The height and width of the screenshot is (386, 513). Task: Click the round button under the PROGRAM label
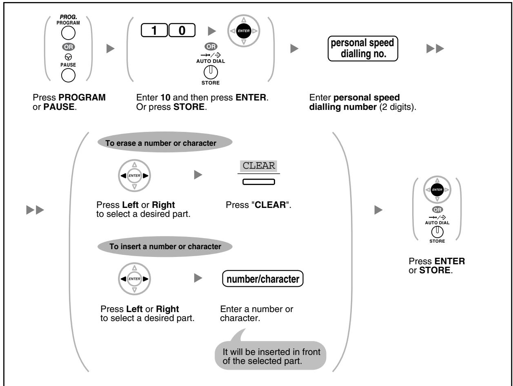[68, 33]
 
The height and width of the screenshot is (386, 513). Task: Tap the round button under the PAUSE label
[68, 75]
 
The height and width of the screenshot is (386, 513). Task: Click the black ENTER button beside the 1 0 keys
[244, 31]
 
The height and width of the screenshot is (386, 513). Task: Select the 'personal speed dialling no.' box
[363, 49]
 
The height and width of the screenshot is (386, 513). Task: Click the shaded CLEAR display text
[258, 166]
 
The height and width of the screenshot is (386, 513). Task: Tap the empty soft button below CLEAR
[259, 182]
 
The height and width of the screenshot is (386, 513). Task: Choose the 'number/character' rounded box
[263, 279]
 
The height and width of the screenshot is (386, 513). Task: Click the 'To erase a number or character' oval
[165, 142]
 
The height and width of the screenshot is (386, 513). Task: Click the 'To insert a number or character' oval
[165, 246]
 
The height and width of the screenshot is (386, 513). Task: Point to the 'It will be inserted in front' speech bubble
[271, 355]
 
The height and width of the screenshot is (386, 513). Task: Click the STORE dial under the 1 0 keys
[211, 72]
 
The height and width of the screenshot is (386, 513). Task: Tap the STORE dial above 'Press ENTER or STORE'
[437, 232]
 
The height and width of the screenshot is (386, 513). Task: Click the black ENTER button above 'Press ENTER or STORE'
[437, 190]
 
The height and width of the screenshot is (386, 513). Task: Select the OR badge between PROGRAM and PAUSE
[68, 47]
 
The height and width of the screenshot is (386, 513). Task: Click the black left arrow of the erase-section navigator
[123, 176]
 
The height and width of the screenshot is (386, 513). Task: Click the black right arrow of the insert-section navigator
[145, 279]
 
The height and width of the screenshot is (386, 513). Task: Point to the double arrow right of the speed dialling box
[435, 49]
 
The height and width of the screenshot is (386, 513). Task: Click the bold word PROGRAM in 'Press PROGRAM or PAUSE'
[82, 97]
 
